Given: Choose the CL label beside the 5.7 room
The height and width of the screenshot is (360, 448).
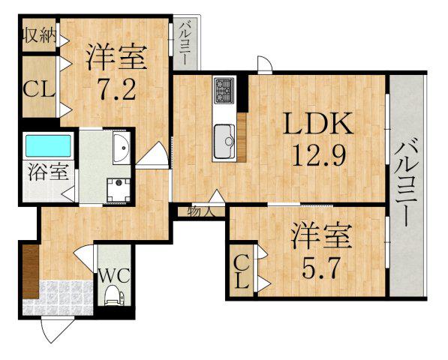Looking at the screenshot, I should click(242, 271).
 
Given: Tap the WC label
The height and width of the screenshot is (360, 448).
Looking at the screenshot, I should click(113, 274).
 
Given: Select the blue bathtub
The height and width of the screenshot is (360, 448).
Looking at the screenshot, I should click(48, 145).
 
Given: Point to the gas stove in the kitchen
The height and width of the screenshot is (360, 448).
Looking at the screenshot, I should click(224, 91).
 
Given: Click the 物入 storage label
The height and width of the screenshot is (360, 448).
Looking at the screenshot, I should click(200, 211).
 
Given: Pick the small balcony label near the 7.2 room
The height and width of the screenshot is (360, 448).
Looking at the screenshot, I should click(183, 44).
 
